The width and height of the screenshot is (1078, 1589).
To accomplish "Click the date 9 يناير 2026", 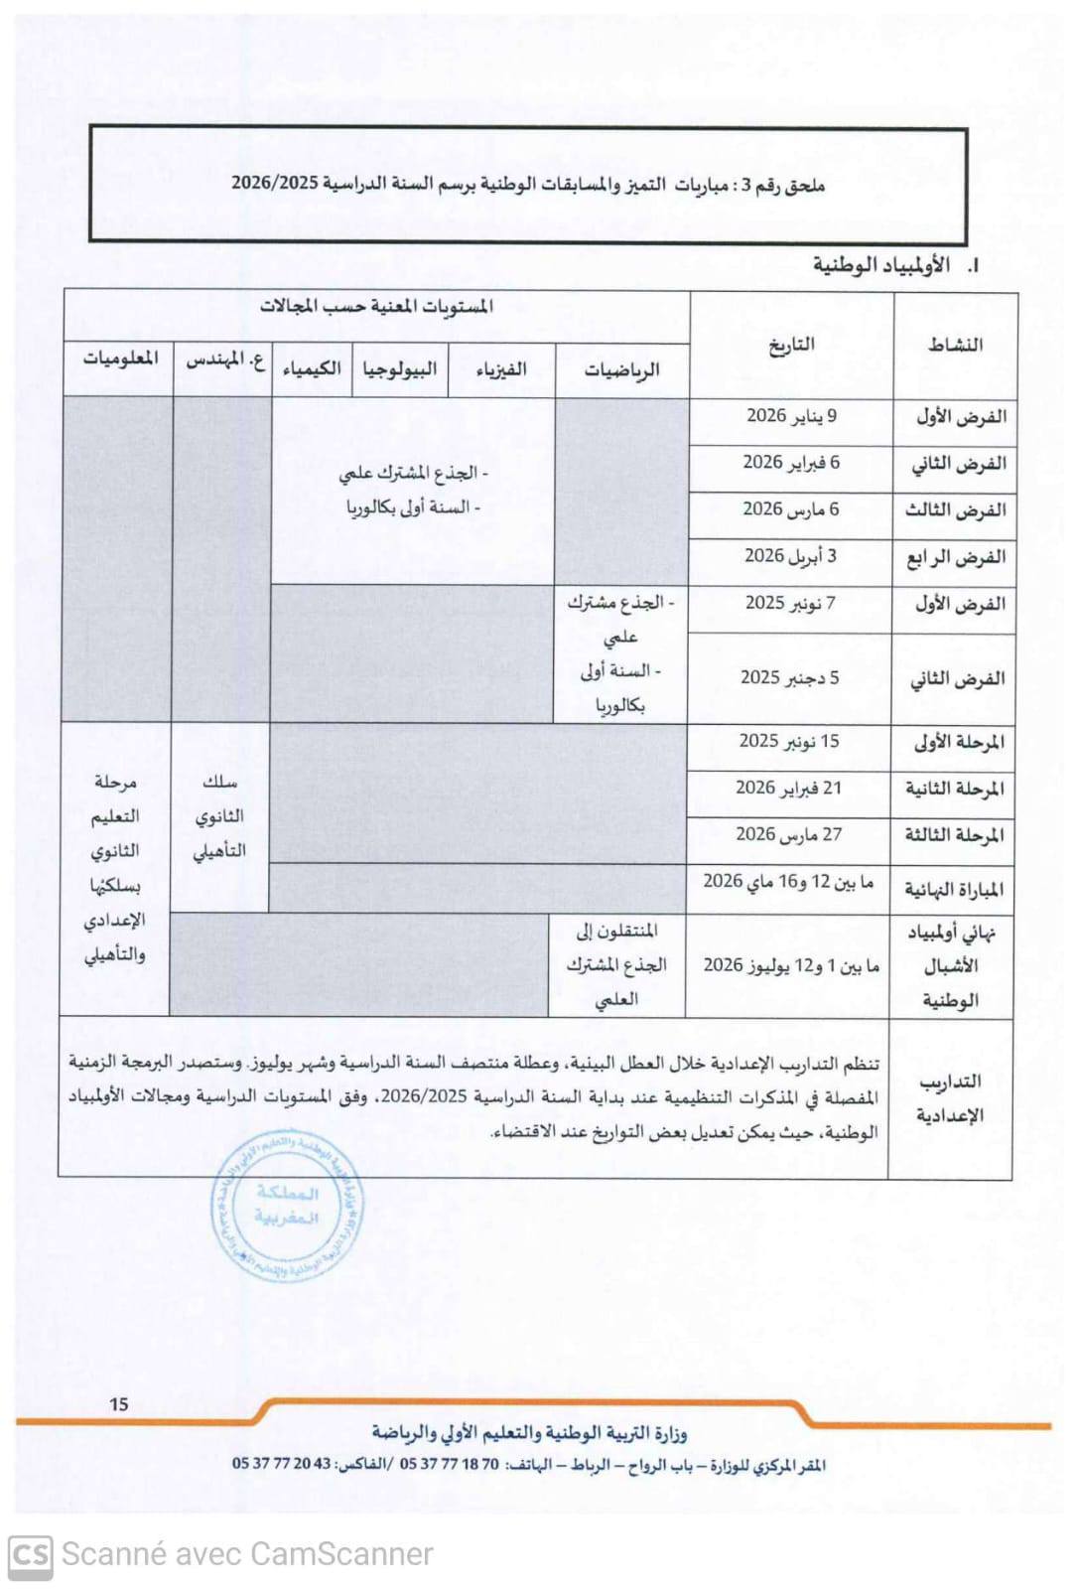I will [791, 416].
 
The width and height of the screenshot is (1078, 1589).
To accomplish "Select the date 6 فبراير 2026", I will [791, 463].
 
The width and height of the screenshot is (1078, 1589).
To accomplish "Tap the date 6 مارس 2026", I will [791, 509].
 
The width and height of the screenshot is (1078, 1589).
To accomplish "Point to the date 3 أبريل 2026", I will [791, 556].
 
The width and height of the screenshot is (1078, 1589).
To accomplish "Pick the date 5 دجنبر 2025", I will [789, 677].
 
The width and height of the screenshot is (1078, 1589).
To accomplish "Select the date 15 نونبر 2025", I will [789, 741].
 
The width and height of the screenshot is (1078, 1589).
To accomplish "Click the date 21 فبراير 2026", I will [788, 788].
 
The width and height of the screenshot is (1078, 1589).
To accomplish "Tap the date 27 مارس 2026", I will [788, 834].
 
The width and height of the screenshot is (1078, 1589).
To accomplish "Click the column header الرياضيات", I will [621, 370].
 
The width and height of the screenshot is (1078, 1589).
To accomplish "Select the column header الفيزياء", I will [501, 370].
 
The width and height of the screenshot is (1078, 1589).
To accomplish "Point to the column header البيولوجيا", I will [399, 369].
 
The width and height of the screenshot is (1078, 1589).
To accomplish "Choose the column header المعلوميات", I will [120, 359].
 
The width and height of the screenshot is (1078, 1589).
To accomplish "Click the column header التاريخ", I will [791, 345].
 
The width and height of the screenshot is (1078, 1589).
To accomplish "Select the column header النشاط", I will [955, 345].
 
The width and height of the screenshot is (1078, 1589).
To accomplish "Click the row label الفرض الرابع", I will [955, 557].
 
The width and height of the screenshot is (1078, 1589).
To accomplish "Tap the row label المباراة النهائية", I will [953, 889].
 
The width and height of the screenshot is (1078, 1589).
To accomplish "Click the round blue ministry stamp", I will [287, 1205].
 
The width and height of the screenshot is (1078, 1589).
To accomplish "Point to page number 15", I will [119, 1404].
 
